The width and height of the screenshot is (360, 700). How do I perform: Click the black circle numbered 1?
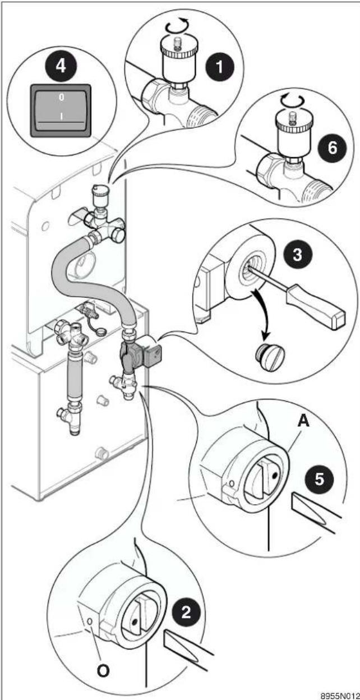point(220,67)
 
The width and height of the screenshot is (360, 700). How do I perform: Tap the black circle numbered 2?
point(186,611)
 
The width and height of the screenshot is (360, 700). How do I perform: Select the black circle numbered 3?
point(298,255)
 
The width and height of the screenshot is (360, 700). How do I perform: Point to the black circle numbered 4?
point(61,66)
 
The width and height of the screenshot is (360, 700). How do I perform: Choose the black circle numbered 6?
point(332,148)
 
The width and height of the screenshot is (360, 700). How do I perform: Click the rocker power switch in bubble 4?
point(61,110)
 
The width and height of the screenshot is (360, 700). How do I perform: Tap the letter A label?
point(303,421)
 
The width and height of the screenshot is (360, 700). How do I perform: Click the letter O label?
point(103,671)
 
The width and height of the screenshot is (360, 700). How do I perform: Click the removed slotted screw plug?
point(269,357)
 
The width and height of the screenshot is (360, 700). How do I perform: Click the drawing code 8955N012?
point(340,696)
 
